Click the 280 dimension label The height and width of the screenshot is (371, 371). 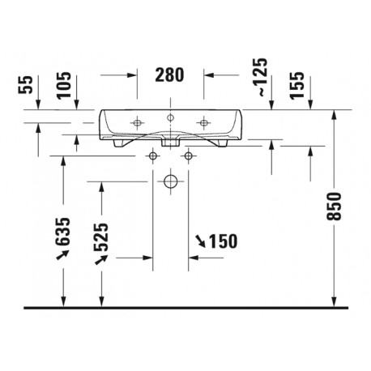click(x=169, y=75)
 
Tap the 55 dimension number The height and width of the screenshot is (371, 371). click(x=25, y=84)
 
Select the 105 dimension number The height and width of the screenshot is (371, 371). click(x=64, y=85)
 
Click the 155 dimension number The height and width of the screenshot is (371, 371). click(x=296, y=86)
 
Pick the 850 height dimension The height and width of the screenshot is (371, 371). click(x=334, y=207)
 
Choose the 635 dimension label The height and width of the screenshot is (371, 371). click(x=62, y=232)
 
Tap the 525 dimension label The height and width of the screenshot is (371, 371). click(x=101, y=237)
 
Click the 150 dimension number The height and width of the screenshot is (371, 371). click(x=224, y=241)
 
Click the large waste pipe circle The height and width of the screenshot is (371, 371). click(x=170, y=181)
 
